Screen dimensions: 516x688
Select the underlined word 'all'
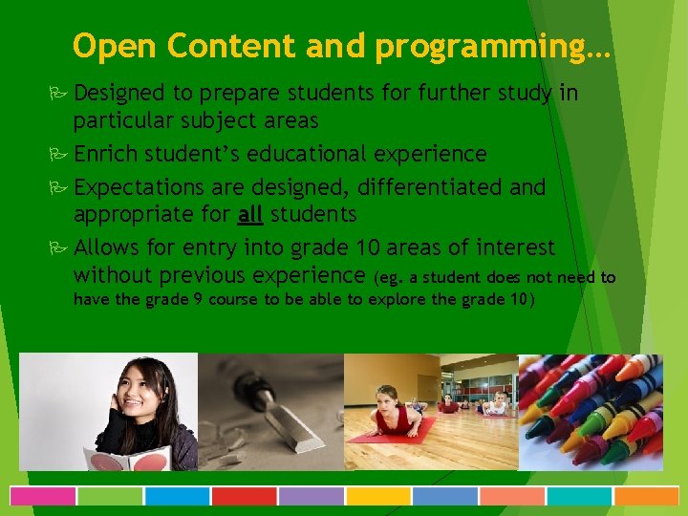coord(250,213)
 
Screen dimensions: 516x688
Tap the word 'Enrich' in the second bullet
coord(105,154)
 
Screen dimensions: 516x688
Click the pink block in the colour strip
coord(43,496)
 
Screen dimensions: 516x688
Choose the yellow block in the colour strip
coord(377,496)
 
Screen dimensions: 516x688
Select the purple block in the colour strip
coord(311,496)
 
